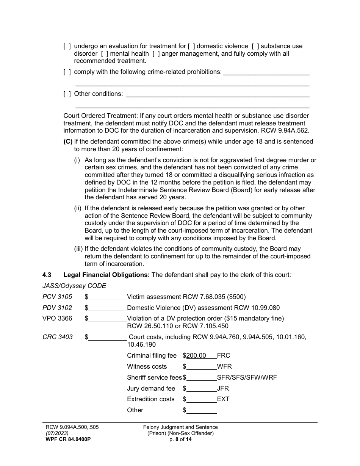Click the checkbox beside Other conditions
point(67,94)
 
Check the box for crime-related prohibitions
point(67,72)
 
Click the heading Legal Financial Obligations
point(107,275)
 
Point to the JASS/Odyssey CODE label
point(74,286)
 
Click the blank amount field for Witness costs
point(202,367)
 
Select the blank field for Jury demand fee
point(202,389)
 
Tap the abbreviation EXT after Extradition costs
point(223,399)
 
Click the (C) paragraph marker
point(68,142)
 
